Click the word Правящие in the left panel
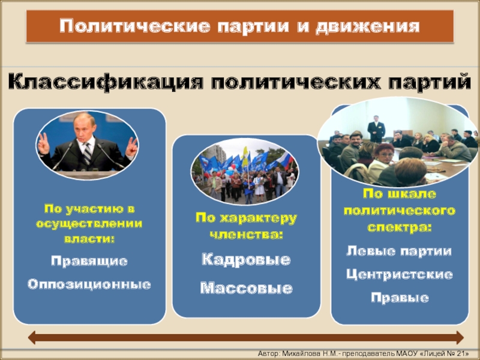89,262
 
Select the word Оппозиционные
89,284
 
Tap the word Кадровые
246,260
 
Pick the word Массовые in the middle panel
247,288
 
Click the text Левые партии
399,251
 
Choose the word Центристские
400,274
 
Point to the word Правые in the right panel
400,298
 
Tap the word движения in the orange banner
367,26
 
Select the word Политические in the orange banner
134,26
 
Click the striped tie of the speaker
87,153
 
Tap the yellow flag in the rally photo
245,156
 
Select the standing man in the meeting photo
376,129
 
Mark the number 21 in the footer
461,353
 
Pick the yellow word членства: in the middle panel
246,235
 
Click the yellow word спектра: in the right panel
400,227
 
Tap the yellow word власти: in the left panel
89,238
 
